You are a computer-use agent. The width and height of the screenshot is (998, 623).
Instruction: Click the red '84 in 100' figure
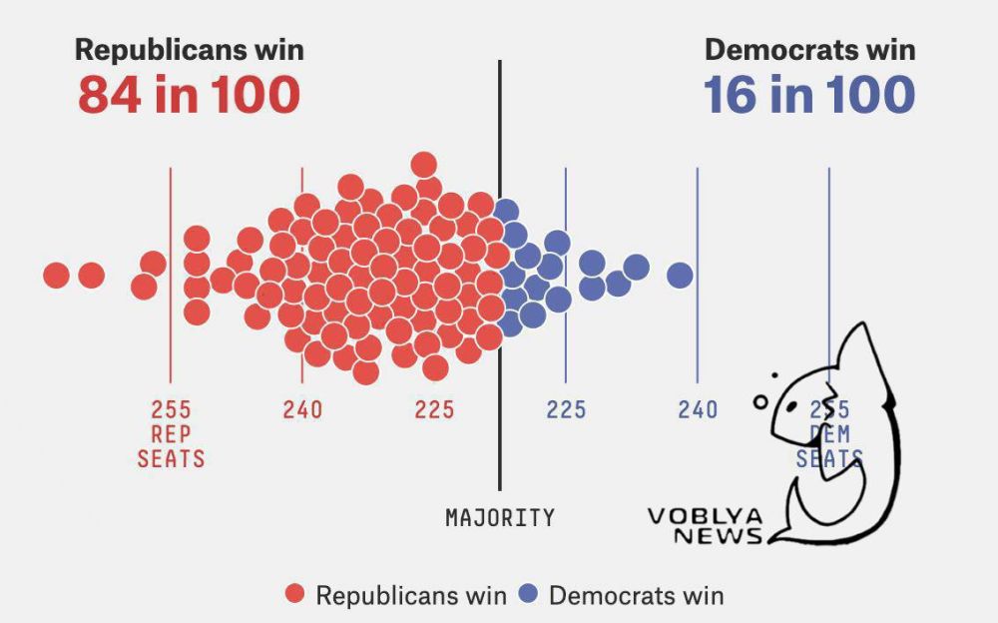(189, 95)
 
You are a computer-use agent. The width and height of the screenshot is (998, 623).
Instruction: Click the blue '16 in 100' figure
(808, 95)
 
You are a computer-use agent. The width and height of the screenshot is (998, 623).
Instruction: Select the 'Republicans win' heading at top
(190, 50)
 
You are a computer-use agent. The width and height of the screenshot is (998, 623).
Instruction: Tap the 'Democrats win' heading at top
(809, 50)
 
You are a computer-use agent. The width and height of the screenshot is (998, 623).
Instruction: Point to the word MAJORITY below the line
(499, 518)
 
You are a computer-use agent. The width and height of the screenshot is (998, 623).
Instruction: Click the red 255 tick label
(171, 409)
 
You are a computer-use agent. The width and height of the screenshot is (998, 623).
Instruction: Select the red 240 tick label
(302, 409)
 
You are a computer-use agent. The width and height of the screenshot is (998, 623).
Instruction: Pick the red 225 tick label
(434, 409)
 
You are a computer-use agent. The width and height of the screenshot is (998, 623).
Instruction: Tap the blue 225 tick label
(566, 409)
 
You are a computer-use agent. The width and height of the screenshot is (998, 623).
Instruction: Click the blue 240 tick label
(698, 409)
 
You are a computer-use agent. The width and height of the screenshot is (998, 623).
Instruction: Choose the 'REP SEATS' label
(171, 447)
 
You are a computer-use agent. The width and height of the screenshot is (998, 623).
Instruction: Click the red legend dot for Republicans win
(294, 595)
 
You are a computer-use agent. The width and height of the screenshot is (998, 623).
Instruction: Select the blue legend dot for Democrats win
(528, 595)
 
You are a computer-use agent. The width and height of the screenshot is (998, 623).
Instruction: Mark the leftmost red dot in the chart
(57, 275)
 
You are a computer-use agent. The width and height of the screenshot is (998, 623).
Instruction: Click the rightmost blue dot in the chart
(680, 275)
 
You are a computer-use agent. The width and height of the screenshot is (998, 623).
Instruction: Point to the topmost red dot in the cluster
(424, 165)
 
